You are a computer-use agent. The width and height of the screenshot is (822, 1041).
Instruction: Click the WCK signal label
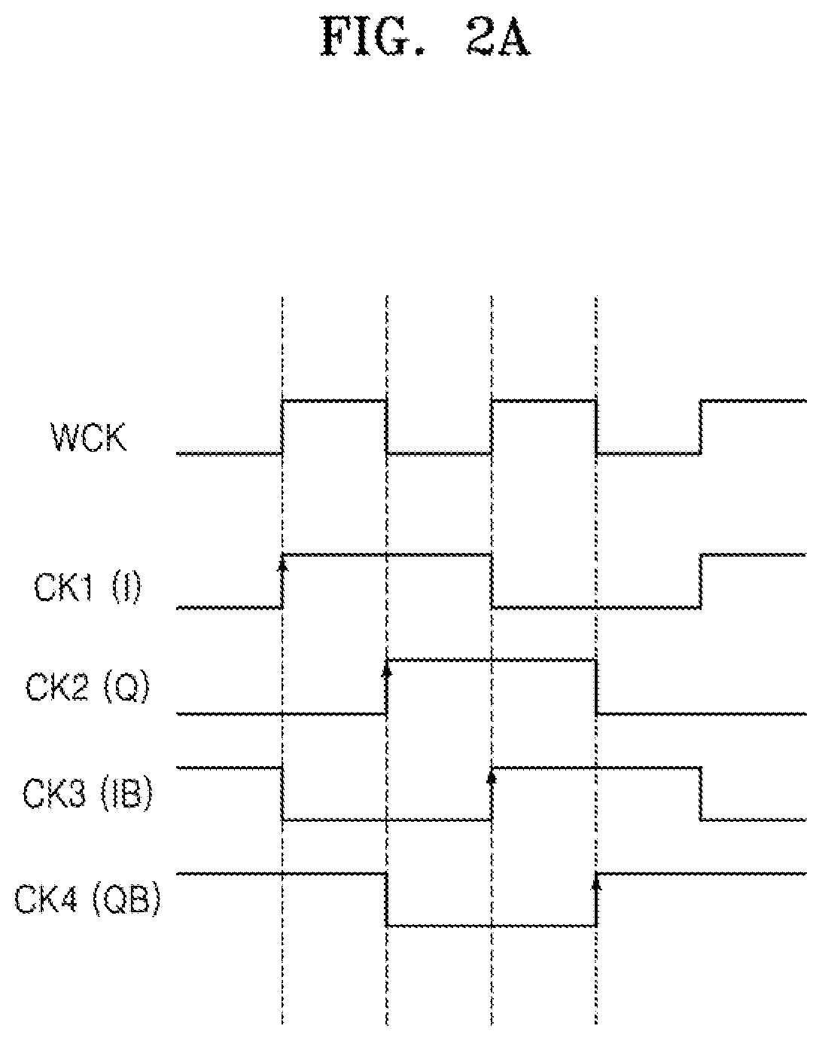pyautogui.click(x=89, y=438)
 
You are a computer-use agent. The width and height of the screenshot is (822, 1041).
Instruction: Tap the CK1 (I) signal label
pyautogui.click(x=87, y=588)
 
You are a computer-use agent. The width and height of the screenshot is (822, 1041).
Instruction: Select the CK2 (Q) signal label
pyautogui.click(x=87, y=688)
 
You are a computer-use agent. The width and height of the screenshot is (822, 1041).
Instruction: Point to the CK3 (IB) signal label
pyautogui.click(x=87, y=794)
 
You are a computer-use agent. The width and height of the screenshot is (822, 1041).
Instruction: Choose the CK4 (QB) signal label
pyautogui.click(x=87, y=899)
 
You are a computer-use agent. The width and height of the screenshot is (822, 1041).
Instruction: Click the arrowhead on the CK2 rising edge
pyautogui.click(x=386, y=670)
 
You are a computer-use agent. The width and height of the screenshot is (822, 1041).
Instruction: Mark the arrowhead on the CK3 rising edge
pyautogui.click(x=492, y=777)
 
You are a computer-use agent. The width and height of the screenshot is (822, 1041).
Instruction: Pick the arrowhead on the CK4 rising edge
pyautogui.click(x=596, y=884)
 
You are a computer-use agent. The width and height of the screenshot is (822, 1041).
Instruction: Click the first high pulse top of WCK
pyautogui.click(x=335, y=401)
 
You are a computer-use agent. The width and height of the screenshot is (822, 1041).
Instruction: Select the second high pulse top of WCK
pyautogui.click(x=544, y=401)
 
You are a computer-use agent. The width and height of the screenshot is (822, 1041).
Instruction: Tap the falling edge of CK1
pyautogui.click(x=492, y=581)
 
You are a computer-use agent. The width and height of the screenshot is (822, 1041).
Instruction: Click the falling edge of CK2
pyautogui.click(x=597, y=686)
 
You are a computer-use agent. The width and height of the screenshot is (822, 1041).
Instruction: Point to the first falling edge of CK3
pyautogui.click(x=282, y=793)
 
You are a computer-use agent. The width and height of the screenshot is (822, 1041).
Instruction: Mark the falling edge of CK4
pyautogui.click(x=387, y=899)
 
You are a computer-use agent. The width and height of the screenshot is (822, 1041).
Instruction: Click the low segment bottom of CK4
pyautogui.click(x=492, y=926)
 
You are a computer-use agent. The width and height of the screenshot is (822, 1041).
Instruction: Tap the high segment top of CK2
pyautogui.click(x=492, y=660)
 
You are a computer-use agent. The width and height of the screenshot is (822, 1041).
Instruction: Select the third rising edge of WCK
pyautogui.click(x=701, y=427)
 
